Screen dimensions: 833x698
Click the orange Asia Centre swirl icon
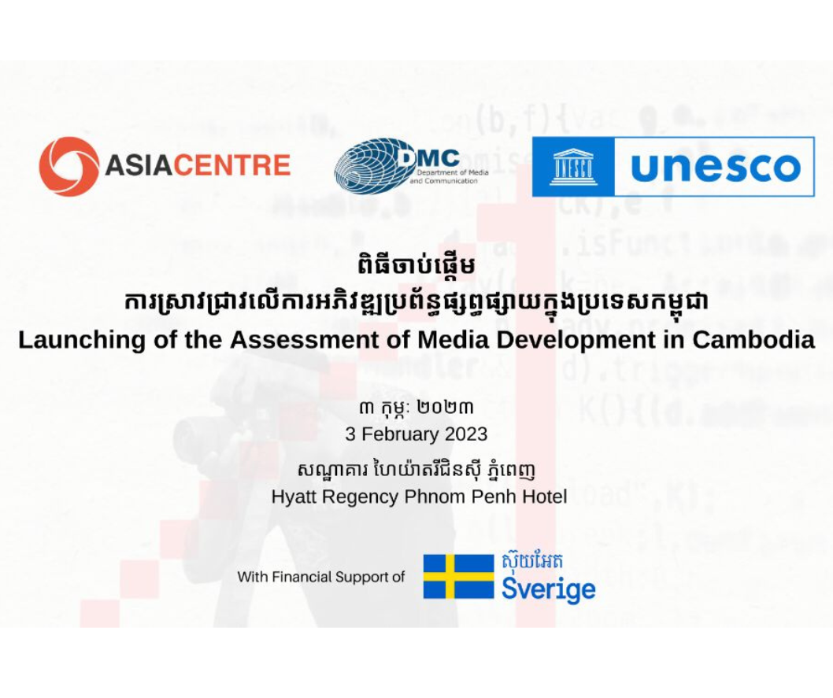click(68, 166)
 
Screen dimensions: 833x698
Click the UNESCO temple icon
click(573, 167)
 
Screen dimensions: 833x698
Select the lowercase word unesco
click(716, 167)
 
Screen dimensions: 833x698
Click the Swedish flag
click(458, 577)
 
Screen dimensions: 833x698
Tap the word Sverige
click(549, 589)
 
